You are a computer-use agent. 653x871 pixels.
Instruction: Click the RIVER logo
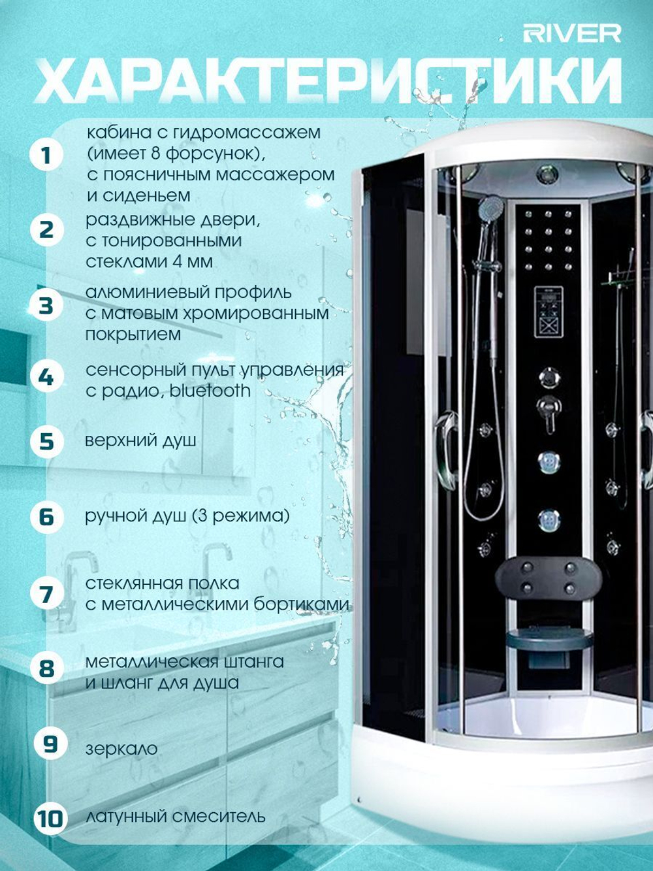[572, 34]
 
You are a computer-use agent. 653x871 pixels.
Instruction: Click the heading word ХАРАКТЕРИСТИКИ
[328, 82]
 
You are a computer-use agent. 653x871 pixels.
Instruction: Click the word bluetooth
[210, 391]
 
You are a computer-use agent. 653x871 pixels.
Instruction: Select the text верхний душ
[141, 441]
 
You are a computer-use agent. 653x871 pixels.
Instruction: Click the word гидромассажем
[247, 133]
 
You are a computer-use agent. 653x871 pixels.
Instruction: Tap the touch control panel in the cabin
[549, 312]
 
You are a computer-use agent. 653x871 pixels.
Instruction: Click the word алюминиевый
[148, 293]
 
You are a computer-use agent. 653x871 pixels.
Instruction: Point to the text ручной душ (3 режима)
[187, 516]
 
